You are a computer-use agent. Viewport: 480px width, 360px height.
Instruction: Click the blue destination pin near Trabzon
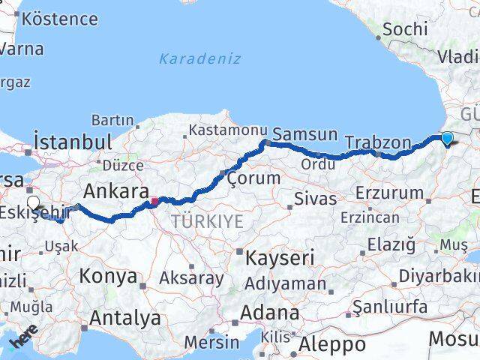point(447,138)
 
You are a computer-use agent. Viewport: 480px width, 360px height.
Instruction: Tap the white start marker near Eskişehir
point(33,202)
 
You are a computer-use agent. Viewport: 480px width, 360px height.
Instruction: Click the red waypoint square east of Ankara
point(154,201)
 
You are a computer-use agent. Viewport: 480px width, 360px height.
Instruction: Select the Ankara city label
point(113,187)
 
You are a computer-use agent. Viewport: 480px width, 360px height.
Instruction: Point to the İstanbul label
point(73,142)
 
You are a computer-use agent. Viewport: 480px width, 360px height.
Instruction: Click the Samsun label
point(305,135)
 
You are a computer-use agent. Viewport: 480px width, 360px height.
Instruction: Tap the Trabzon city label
point(378,142)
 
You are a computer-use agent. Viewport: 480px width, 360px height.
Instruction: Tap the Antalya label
point(124,318)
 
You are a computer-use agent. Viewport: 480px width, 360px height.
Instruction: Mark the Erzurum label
point(389,193)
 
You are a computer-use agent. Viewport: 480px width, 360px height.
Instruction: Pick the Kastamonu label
point(227,130)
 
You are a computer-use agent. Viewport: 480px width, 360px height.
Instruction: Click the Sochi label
point(405,29)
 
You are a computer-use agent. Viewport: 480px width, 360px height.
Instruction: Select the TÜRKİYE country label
point(207,221)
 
